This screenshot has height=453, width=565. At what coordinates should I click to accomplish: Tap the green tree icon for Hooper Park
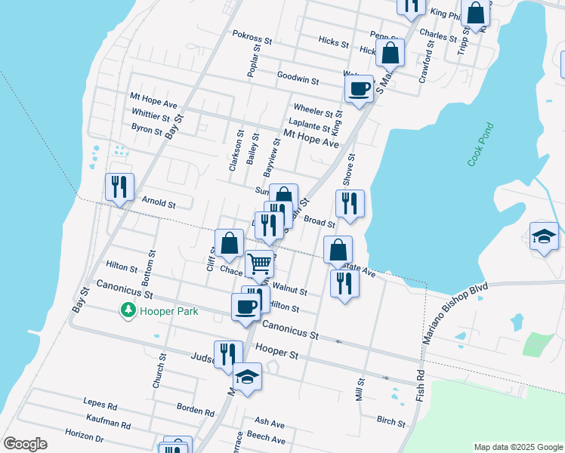pyautogui.click(x=128, y=310)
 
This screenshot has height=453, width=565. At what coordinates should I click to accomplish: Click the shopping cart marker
pyautogui.click(x=259, y=264)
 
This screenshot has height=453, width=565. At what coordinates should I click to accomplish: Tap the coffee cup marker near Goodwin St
pyautogui.click(x=360, y=88)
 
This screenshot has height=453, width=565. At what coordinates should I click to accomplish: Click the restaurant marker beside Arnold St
pyautogui.click(x=119, y=187)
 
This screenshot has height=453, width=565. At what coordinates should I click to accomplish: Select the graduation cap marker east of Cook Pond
pyautogui.click(x=544, y=237)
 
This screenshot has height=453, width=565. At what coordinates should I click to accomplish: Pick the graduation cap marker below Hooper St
pyautogui.click(x=247, y=376)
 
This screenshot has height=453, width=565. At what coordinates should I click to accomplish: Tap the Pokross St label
pyautogui.click(x=252, y=38)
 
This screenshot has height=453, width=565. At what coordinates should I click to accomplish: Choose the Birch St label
pyautogui.click(x=391, y=421)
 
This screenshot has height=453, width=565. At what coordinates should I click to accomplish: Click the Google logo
pyautogui.click(x=25, y=444)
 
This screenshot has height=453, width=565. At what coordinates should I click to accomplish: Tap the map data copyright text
pyautogui.click(x=517, y=447)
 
